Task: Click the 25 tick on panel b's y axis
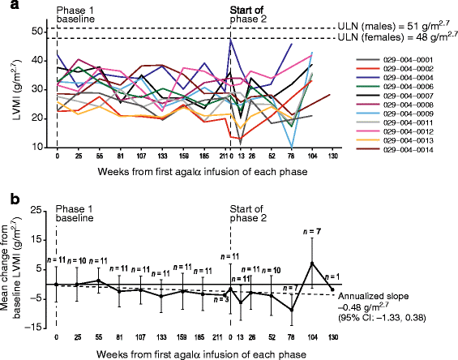[36, 210]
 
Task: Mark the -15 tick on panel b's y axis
[35, 327]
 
